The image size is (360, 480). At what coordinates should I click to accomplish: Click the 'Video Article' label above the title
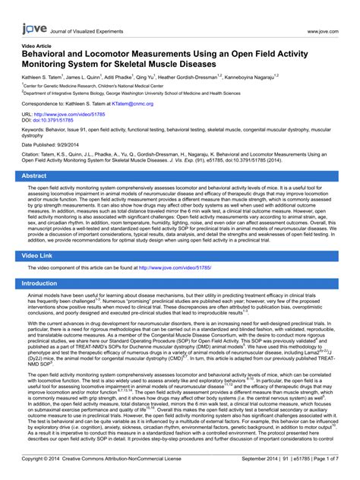[37, 46]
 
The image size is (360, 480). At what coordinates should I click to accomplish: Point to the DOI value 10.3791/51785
[59, 120]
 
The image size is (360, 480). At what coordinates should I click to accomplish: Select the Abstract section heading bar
[179, 175]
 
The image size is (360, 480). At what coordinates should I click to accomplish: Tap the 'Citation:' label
[34, 155]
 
